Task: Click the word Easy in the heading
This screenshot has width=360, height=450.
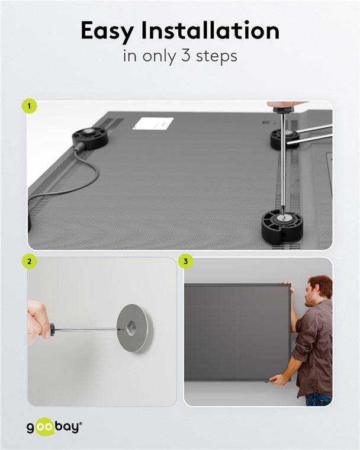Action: pos(107,31)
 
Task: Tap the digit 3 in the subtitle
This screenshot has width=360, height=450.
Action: pos(186,55)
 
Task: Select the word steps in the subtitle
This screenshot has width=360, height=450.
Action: pos(217,56)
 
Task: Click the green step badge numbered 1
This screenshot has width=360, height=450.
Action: pos(29,106)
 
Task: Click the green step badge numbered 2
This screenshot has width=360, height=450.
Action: pos(29,262)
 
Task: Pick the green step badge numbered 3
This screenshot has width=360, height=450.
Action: pos(185,262)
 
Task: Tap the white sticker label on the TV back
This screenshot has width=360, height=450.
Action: pos(153,123)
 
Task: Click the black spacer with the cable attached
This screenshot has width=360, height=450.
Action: pos(90,139)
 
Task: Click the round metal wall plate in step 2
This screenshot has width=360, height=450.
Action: pos(134,328)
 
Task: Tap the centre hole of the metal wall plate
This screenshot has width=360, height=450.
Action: pos(133,328)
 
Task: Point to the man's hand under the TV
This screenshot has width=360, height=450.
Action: pos(277,380)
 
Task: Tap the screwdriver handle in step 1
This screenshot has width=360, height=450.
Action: pos(284,108)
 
